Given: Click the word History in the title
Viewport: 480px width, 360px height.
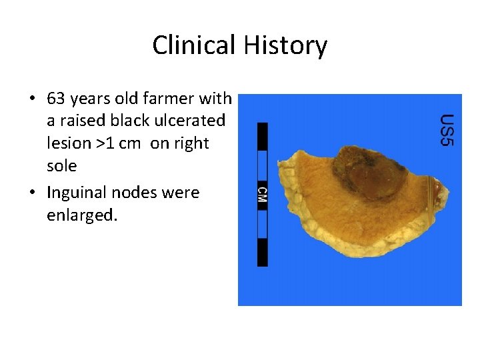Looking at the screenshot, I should coord(285,45).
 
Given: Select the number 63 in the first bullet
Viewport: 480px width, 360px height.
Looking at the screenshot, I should coord(57,99).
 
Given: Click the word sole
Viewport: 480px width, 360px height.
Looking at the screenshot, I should coord(61,165).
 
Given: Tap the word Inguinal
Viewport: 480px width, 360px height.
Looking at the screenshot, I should coord(75,193).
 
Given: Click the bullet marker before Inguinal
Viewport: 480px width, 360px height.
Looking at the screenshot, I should coord(32,193).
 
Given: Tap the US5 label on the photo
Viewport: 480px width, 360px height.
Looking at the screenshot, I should coord(447,130).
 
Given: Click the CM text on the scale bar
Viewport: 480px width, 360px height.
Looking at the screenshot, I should coord(262,194).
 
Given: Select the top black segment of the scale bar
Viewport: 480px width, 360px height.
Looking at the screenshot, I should coord(262,136).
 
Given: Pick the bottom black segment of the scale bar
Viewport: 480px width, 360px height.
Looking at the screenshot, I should coord(262,252).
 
